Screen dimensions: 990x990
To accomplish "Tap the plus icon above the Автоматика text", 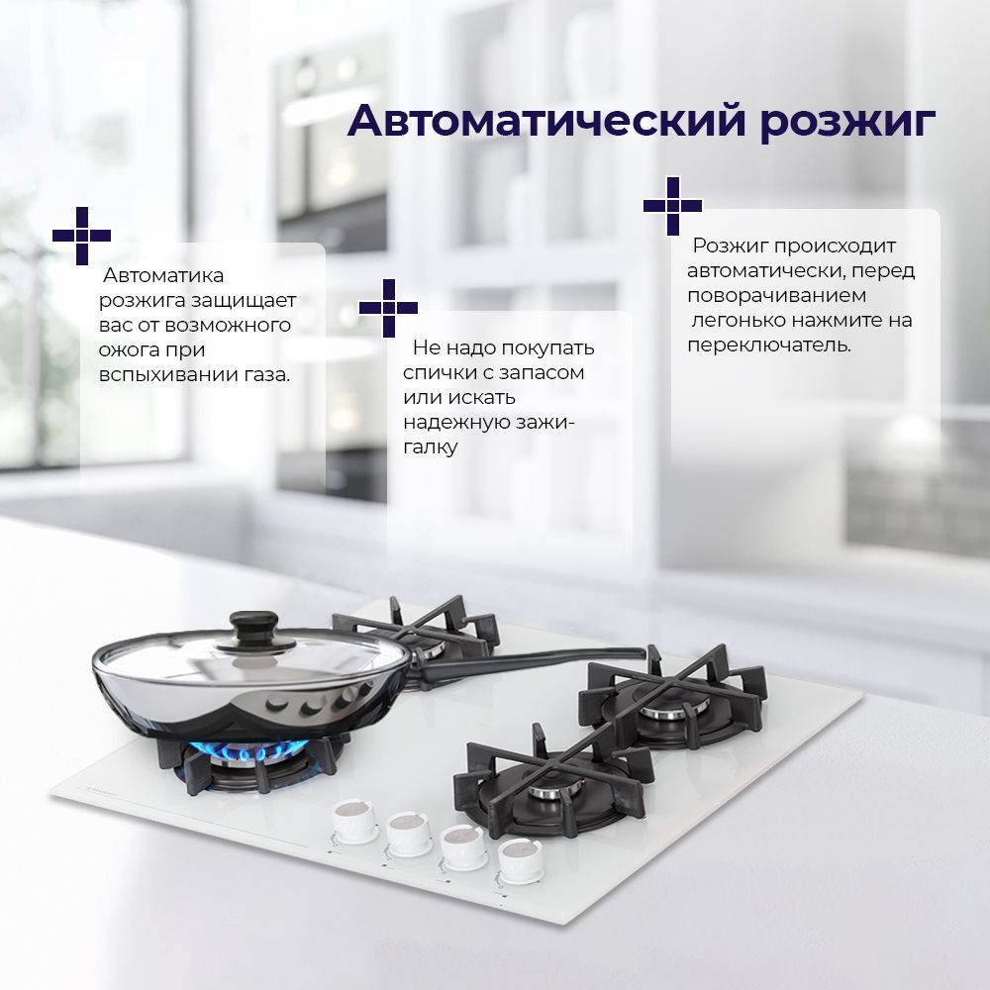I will click(x=81, y=236).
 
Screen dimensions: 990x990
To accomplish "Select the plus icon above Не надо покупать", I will click(x=388, y=308).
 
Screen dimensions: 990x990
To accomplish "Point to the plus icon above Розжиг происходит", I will click(x=672, y=205).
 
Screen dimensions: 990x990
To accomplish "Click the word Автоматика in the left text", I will click(x=163, y=275).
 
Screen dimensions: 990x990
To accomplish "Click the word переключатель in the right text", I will click(x=769, y=346).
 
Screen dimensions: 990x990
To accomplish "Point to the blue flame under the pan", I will click(x=243, y=752).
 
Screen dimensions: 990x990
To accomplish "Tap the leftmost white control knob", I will click(x=355, y=821).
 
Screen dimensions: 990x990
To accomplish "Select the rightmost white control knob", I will click(x=521, y=859).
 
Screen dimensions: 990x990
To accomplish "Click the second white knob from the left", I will click(x=409, y=833).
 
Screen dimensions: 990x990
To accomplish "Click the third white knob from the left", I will click(x=464, y=846).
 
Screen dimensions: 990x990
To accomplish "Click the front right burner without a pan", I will click(x=554, y=782).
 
